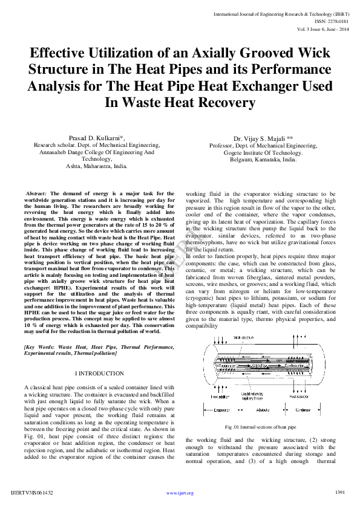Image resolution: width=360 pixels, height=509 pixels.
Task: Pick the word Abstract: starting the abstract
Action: pos(36,193)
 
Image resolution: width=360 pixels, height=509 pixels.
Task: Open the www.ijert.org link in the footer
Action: pos(180,493)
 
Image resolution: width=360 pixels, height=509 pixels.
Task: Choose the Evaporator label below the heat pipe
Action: pos(221,409)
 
